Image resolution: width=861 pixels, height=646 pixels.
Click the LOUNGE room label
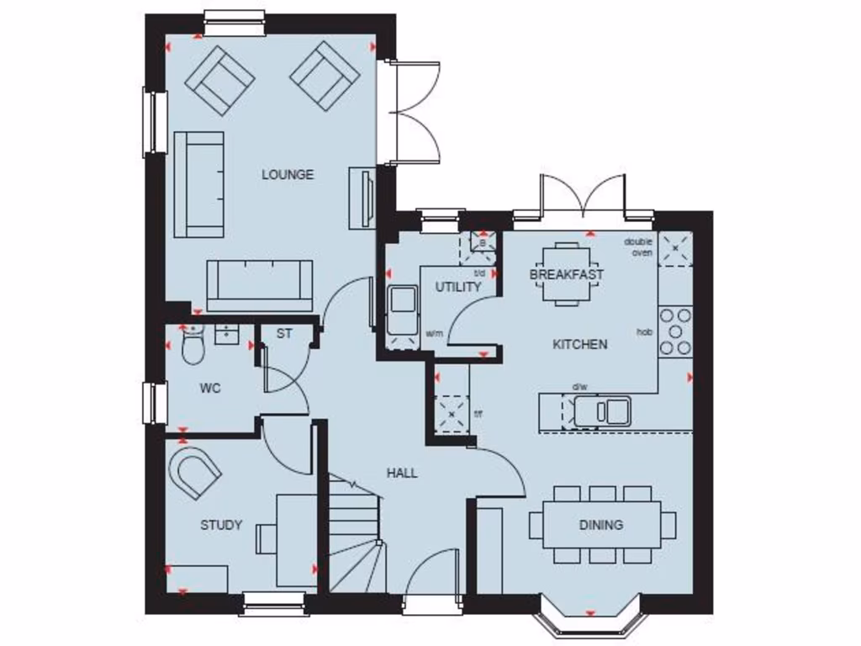[288, 175]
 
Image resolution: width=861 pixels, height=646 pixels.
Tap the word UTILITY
[458, 287]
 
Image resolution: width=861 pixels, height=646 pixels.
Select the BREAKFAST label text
[567, 274]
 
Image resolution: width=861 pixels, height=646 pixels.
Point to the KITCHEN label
[579, 344]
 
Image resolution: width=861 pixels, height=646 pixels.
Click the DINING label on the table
[601, 525]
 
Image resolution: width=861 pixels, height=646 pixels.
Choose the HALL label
[402, 473]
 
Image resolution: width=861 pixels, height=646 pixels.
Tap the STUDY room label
[221, 525]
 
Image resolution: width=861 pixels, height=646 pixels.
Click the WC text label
[210, 389]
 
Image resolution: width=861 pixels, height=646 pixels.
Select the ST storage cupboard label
[284, 333]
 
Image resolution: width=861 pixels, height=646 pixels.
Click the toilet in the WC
[193, 345]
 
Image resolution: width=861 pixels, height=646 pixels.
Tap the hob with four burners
[675, 331]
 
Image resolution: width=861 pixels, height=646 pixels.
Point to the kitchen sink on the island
[602, 411]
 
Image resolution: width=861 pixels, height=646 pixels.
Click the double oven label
[638, 247]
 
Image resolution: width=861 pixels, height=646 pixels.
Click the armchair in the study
[195, 471]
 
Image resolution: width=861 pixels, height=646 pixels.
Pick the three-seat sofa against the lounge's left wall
[198, 183]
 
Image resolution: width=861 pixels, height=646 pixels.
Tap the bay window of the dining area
[589, 619]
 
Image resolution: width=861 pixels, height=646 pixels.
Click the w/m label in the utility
[434, 333]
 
